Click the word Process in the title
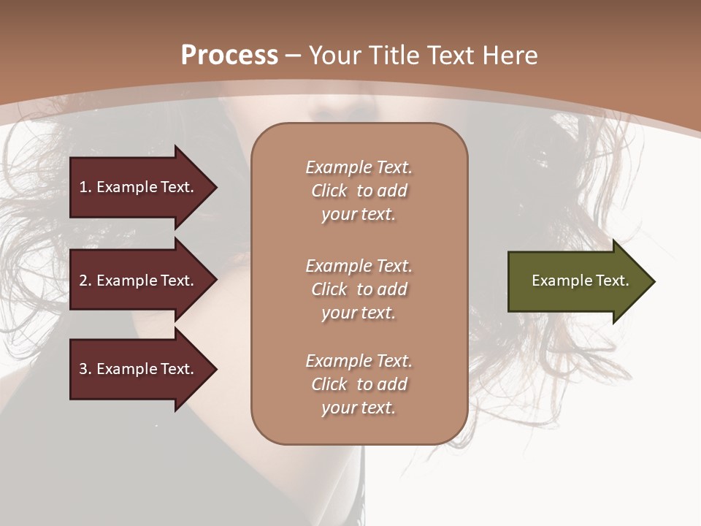(229, 56)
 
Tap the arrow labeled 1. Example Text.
(139, 187)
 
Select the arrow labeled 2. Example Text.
(139, 281)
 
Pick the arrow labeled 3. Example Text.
(139, 369)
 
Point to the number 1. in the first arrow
(85, 187)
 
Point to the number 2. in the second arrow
(85, 281)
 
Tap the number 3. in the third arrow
(85, 369)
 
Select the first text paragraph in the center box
(359, 191)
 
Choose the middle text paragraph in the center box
(359, 289)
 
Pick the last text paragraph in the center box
(359, 384)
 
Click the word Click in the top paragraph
(329, 191)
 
